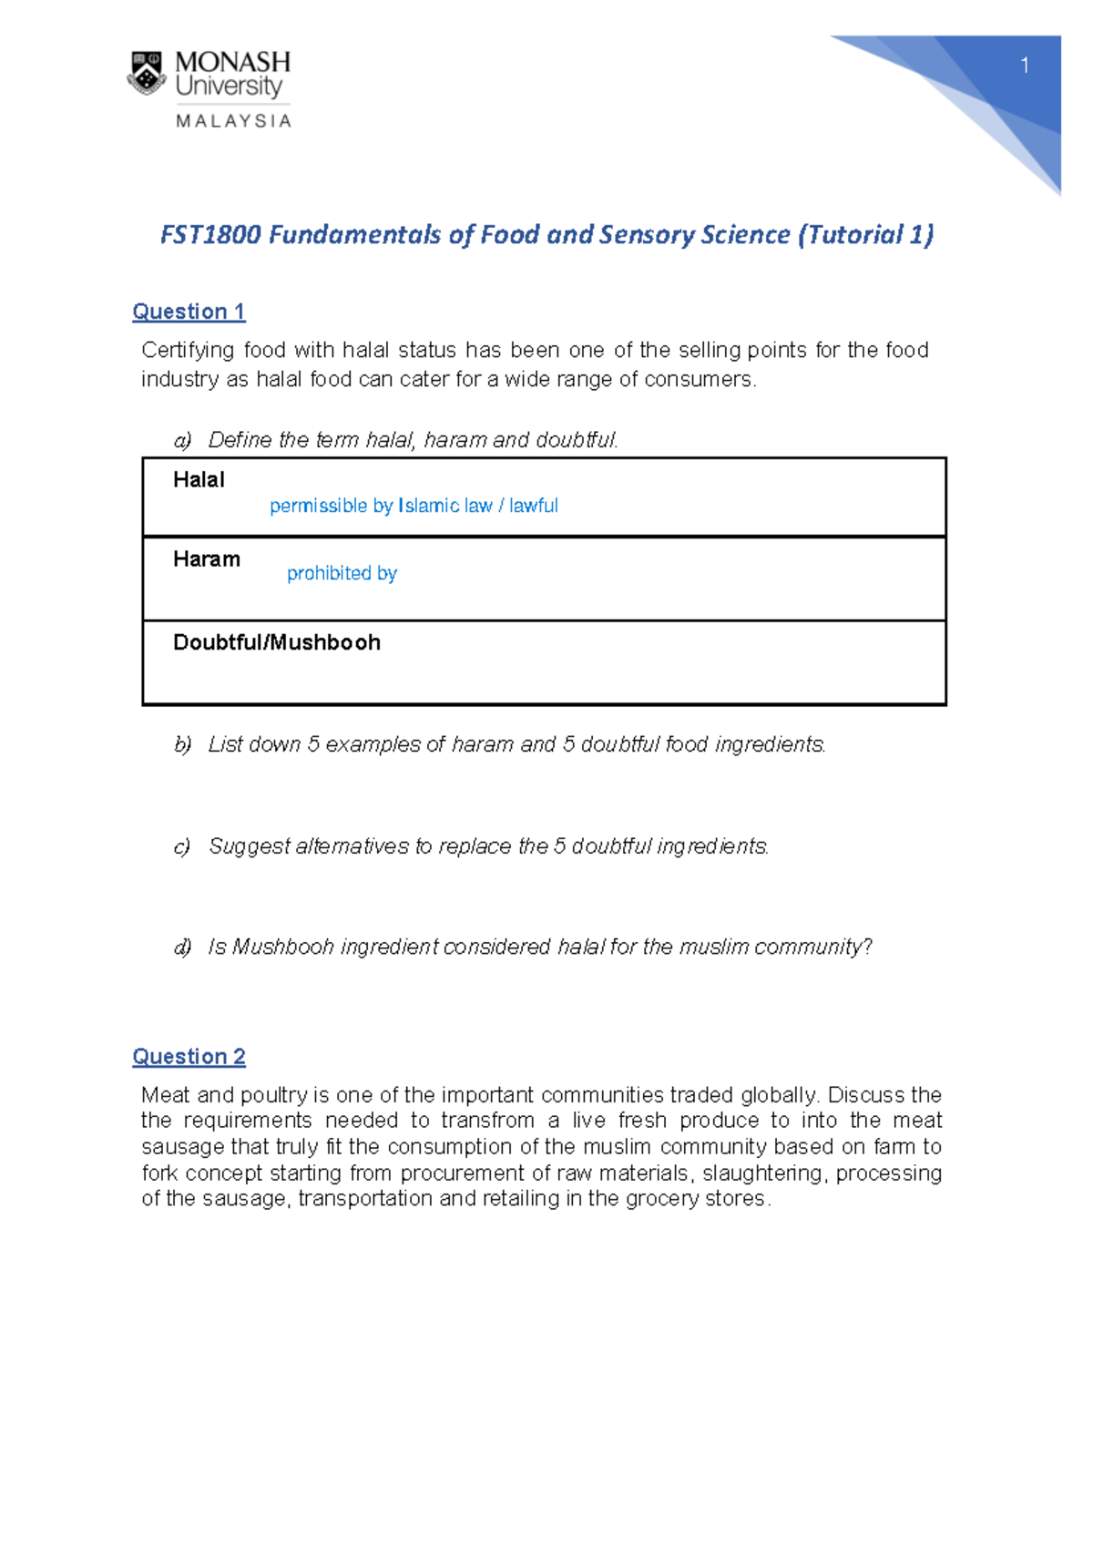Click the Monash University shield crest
(146, 74)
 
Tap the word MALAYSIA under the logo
(233, 121)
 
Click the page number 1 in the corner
(1025, 66)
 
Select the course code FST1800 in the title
(210, 235)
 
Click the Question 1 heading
(189, 312)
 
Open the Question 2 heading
(189, 1057)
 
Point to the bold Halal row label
(199, 480)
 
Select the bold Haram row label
(207, 559)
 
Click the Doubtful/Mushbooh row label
(277, 642)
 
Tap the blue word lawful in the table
(534, 506)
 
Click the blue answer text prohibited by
(342, 573)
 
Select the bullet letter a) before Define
(182, 440)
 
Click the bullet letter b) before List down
(182, 744)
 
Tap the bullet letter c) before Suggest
(182, 846)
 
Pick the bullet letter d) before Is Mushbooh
(182, 948)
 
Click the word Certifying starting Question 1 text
(188, 351)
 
